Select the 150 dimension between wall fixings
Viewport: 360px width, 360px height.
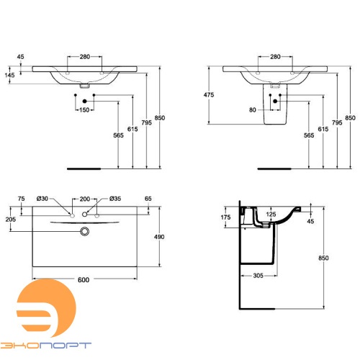[x=85, y=110]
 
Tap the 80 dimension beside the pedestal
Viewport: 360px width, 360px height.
[x=253, y=110]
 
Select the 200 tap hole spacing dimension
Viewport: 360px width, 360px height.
[x=85, y=198]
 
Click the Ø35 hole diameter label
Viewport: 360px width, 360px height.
[x=113, y=198]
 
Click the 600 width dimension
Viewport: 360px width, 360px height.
[x=85, y=282]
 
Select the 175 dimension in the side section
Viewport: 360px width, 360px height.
[x=225, y=216]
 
